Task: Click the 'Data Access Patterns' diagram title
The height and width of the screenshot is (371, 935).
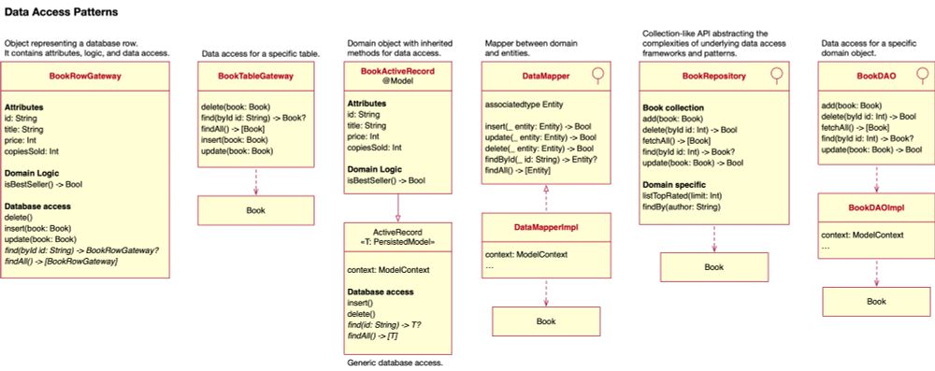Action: [61, 15]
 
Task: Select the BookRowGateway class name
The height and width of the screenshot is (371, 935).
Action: [87, 81]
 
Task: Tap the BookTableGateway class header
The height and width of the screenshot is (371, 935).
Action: [255, 76]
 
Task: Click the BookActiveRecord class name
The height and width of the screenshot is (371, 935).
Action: [397, 70]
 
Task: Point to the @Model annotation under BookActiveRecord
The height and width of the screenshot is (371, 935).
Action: [397, 81]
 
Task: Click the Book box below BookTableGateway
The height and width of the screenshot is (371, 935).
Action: [255, 210]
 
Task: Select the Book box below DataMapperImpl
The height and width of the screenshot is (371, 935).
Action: [545, 321]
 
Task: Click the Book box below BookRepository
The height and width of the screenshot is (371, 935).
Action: [713, 266]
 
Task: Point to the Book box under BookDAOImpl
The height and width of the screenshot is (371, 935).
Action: [876, 301]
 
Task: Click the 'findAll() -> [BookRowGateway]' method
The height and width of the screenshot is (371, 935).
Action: [61, 261]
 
